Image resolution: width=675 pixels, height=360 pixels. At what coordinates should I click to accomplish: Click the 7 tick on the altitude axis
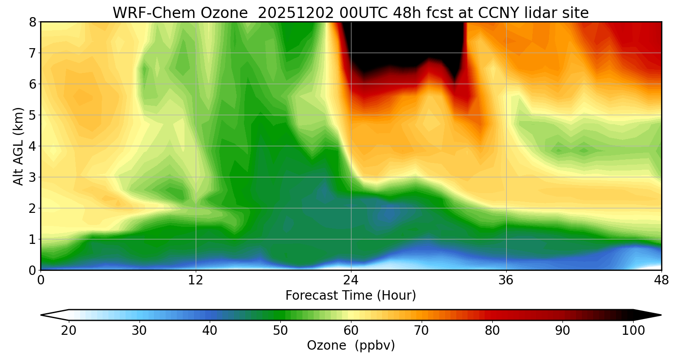32,53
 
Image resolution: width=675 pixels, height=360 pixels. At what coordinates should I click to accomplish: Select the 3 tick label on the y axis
32,177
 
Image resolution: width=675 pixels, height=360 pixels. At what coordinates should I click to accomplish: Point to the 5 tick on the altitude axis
32,115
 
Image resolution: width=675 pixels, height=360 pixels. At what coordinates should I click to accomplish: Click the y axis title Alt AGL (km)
18,146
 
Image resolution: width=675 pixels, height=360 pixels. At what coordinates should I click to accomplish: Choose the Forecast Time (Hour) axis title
351,296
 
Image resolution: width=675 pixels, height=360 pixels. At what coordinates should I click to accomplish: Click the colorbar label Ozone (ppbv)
351,346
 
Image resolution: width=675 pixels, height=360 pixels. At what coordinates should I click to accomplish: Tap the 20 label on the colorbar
69,331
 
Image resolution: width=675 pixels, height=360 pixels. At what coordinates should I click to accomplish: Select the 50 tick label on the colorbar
280,331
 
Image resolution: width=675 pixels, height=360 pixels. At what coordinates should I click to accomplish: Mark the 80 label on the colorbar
492,331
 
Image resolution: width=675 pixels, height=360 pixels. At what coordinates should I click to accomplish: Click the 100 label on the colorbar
633,331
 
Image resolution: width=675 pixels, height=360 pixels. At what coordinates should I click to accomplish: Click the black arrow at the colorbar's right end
648,315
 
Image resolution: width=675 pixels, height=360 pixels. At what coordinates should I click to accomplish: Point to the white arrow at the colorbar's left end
54,315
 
